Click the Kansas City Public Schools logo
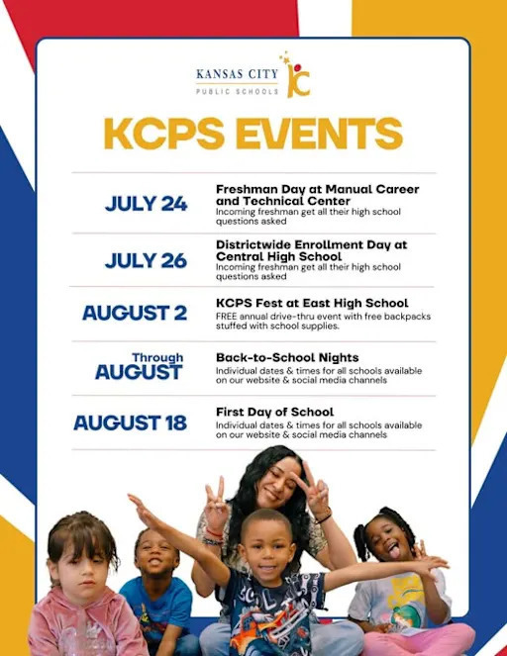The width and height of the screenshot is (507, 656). [253, 76]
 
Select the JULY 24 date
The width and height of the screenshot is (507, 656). [146, 204]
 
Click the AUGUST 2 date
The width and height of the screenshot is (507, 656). [134, 314]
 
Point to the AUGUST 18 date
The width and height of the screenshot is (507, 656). [130, 422]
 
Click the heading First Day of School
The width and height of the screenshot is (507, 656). [274, 412]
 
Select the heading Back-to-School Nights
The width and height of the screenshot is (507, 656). [287, 356]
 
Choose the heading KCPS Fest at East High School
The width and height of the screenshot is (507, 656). [312, 303]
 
